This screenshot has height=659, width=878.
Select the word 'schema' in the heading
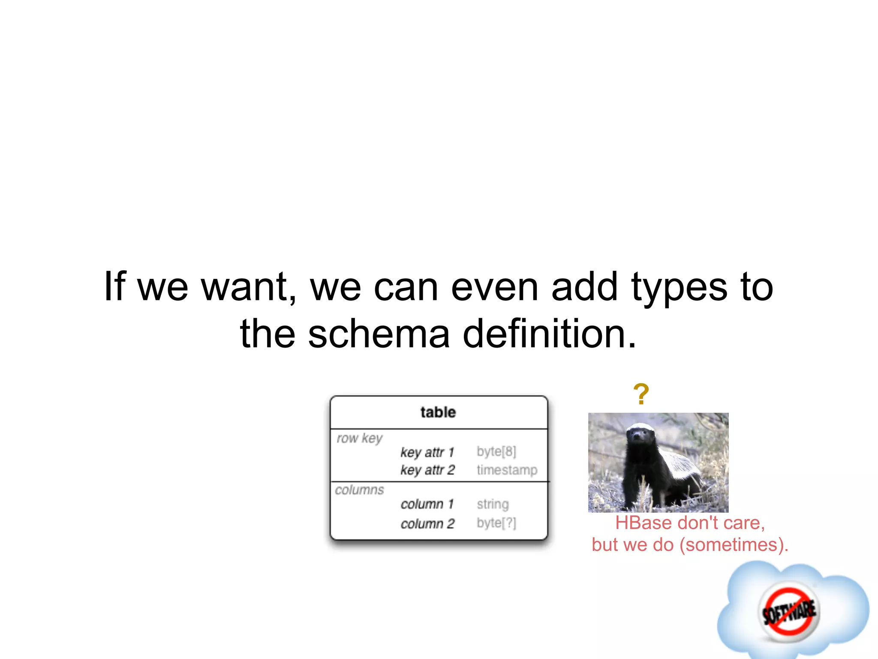379,334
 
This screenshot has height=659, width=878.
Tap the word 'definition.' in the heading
550,334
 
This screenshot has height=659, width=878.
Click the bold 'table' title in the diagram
438,412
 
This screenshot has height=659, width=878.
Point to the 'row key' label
359,438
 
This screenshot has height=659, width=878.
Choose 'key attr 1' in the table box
427,452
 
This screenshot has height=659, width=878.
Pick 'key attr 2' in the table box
427,470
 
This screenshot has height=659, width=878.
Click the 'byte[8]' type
496,451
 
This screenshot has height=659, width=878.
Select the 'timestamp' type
507,470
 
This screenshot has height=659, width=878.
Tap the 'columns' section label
359,490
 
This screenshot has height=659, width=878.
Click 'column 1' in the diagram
427,504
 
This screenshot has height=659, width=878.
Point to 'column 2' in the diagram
427,524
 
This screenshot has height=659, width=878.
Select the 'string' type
493,504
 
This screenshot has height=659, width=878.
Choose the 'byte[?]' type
496,523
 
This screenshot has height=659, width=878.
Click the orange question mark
641,394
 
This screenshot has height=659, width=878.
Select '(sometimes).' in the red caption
734,545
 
